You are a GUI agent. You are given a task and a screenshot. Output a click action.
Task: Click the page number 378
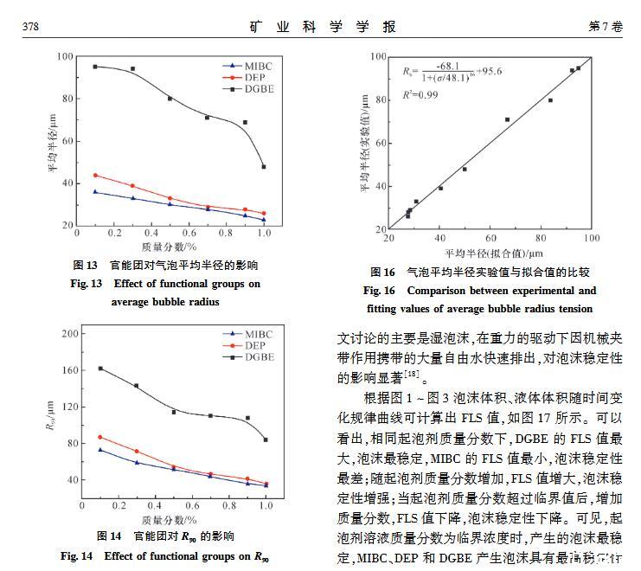click(31, 27)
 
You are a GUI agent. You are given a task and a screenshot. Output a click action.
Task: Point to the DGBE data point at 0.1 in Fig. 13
click(95, 67)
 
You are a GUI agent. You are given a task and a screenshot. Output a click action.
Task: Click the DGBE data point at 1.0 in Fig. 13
click(264, 166)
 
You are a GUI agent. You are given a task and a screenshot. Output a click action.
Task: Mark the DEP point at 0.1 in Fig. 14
click(99, 437)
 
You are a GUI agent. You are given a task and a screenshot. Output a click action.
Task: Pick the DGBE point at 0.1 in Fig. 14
click(99, 369)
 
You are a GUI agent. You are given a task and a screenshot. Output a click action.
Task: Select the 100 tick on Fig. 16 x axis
click(590, 238)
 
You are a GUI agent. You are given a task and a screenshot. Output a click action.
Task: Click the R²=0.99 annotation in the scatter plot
click(421, 94)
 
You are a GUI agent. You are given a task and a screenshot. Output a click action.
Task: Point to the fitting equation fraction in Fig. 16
click(459, 71)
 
